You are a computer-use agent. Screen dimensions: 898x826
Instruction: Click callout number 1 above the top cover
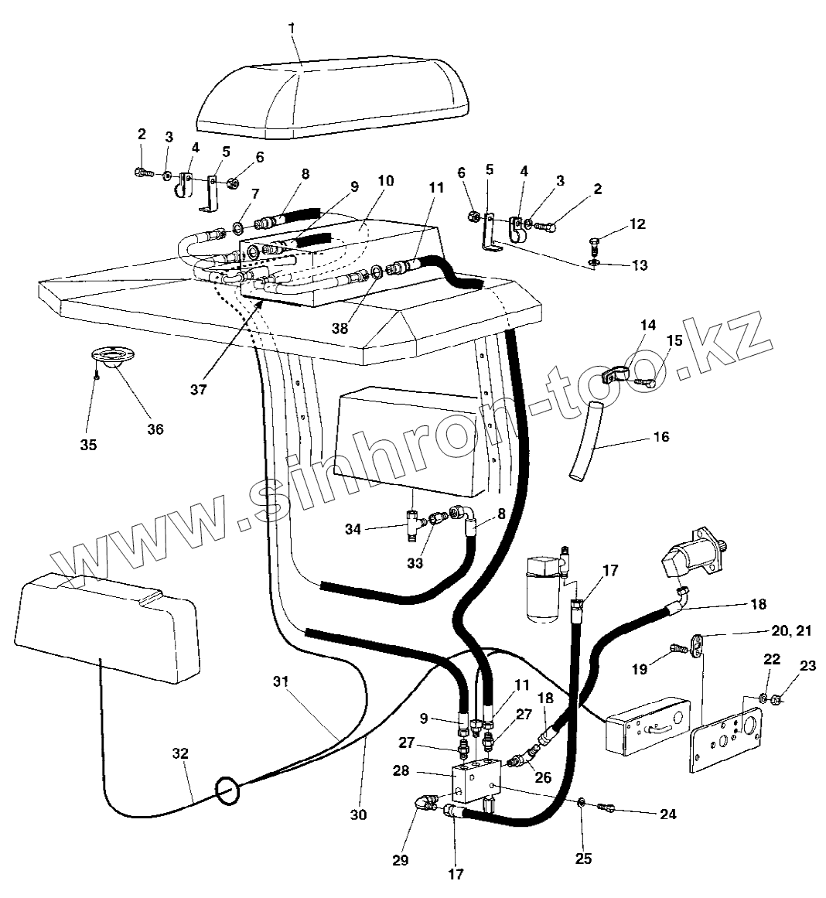pos(292,29)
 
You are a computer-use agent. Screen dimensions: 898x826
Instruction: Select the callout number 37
pos(199,390)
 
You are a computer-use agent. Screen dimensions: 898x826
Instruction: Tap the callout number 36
pos(155,429)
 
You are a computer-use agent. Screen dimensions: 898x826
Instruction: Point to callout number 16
pos(660,436)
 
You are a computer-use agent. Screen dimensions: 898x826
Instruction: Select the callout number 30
pos(359,814)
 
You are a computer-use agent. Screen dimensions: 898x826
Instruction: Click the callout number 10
pos(385,180)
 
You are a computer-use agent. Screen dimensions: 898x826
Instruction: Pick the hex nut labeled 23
pos(779,701)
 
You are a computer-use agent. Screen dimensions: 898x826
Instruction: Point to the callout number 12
pos(637,224)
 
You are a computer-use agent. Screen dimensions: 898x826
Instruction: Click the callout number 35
pos(89,445)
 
